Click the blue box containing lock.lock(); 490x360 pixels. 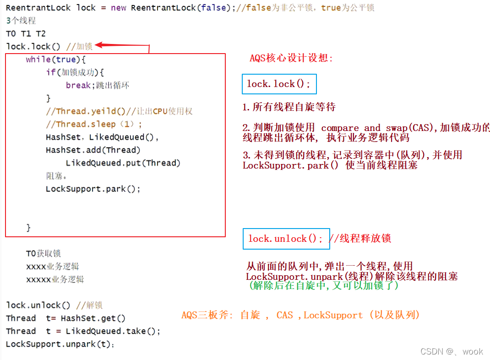click(279, 84)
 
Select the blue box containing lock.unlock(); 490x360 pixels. click(286, 239)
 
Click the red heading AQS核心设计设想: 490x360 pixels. click(291, 58)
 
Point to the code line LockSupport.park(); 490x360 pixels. click(93, 189)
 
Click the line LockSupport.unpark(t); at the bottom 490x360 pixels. click(60, 344)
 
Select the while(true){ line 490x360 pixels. click(56, 60)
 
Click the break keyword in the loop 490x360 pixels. click(78, 85)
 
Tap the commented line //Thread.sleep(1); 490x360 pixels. click(94, 124)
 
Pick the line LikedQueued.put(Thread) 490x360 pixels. click(123, 163)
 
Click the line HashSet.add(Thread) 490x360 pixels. click(93, 150)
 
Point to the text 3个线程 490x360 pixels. click(21, 21)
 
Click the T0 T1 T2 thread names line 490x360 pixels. click(26, 33)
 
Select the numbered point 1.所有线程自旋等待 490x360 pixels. click(289, 107)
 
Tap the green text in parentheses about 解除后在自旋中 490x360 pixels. click(323, 285)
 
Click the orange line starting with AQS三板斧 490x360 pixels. click(300, 315)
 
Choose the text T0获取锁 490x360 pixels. click(44, 253)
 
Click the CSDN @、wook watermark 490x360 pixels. click(452, 351)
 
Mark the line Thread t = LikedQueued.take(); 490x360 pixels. click(83, 331)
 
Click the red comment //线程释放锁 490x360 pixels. click(359, 239)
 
